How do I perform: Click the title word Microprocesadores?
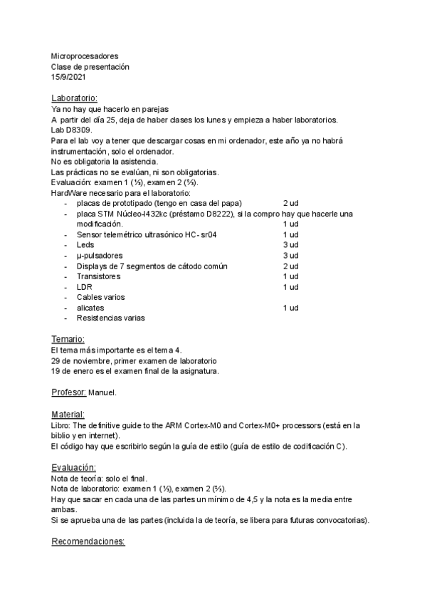[x=85, y=56]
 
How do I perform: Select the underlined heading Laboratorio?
[x=75, y=98]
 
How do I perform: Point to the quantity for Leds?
[x=290, y=244]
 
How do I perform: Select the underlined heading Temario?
[x=68, y=339]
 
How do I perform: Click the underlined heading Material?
[x=68, y=414]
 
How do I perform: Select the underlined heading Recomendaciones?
[x=88, y=541]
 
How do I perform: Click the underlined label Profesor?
[x=69, y=392]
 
